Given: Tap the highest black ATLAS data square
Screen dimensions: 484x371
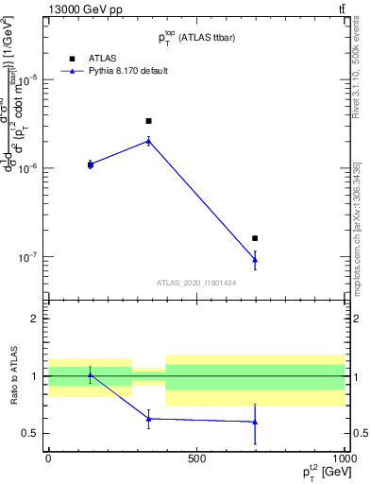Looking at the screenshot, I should tap(148, 121).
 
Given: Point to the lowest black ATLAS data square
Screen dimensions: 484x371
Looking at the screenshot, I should tap(255, 238).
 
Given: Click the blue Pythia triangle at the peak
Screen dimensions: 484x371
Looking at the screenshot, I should tap(148, 141).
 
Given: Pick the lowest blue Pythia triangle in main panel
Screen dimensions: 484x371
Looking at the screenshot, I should tap(255, 260).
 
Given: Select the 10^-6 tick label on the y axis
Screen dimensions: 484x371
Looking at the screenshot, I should tap(28, 168).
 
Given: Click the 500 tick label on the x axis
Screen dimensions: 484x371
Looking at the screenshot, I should tap(196, 458).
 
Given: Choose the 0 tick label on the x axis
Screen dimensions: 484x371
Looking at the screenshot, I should tap(48, 458).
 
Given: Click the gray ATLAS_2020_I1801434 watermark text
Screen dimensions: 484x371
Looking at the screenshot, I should tap(196, 283).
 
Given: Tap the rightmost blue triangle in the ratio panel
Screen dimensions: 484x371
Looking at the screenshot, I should tap(255, 422).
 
